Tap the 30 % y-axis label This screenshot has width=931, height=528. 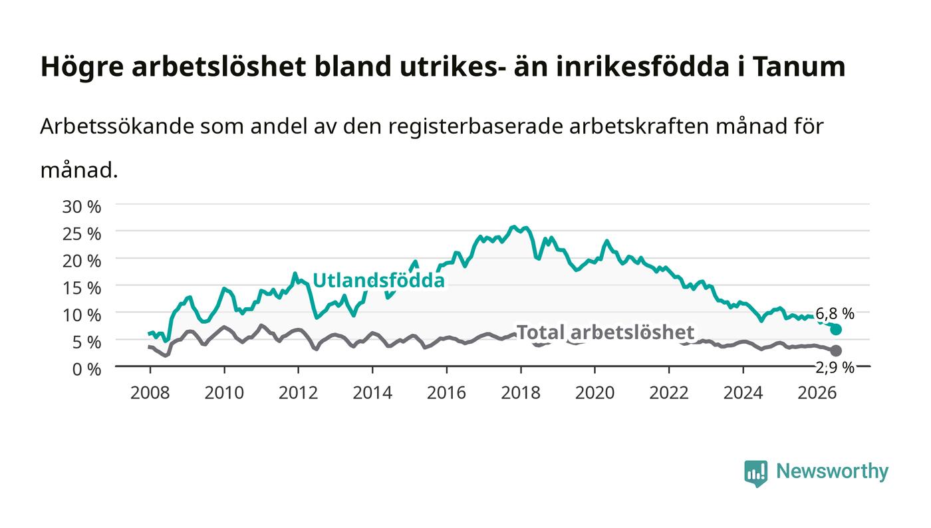tap(81, 207)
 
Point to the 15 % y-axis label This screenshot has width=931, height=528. tap(81, 288)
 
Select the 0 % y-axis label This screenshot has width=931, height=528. tap(86, 369)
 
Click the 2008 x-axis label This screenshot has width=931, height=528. tap(150, 392)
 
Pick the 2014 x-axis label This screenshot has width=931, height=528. tap(372, 392)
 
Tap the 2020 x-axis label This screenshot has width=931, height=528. tap(595, 392)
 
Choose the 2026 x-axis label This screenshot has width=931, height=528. tap(817, 392)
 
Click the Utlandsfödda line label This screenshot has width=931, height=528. tap(378, 280)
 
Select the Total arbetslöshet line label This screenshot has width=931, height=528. tap(605, 332)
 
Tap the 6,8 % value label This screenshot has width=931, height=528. tap(835, 313)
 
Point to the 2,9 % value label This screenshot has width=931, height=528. tap(835, 368)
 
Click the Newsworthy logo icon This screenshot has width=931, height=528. tap(755, 473)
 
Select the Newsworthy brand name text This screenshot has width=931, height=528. tap(832, 471)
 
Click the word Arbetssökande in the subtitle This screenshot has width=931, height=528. tap(117, 126)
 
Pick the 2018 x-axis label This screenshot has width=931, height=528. tap(521, 392)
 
